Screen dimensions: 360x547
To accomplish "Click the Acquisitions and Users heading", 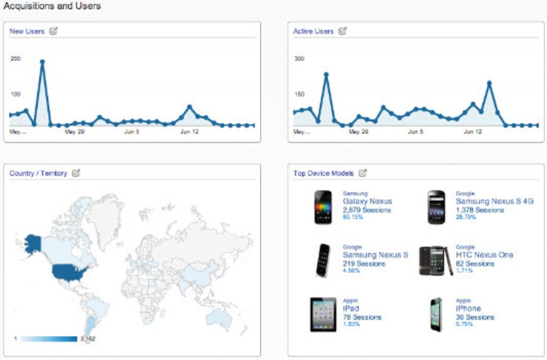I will (x=52, y=6).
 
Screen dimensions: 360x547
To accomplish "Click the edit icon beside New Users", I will (x=53, y=31).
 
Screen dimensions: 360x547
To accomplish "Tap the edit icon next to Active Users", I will (x=343, y=31).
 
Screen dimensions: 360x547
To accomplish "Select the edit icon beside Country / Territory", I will (x=76, y=173).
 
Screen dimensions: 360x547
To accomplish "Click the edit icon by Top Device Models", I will (x=363, y=173).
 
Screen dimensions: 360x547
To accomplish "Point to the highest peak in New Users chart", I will (x=42, y=61).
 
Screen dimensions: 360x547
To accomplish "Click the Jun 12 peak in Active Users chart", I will (x=489, y=83).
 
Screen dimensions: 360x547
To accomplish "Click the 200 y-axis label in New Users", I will (x=15, y=58).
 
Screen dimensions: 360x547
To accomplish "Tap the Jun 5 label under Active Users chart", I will (x=415, y=131).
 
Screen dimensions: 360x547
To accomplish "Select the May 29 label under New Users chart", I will (x=74, y=131).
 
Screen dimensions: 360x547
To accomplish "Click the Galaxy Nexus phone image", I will (x=323, y=207).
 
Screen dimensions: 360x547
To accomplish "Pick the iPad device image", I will (x=323, y=314).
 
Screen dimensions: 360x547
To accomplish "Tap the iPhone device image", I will (x=436, y=314).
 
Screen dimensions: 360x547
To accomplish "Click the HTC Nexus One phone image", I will (x=436, y=261).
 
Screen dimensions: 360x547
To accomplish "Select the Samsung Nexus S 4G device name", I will (x=494, y=202).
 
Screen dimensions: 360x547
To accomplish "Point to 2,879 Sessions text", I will (x=365, y=210).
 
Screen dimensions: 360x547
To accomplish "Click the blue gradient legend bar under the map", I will (x=49, y=339).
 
